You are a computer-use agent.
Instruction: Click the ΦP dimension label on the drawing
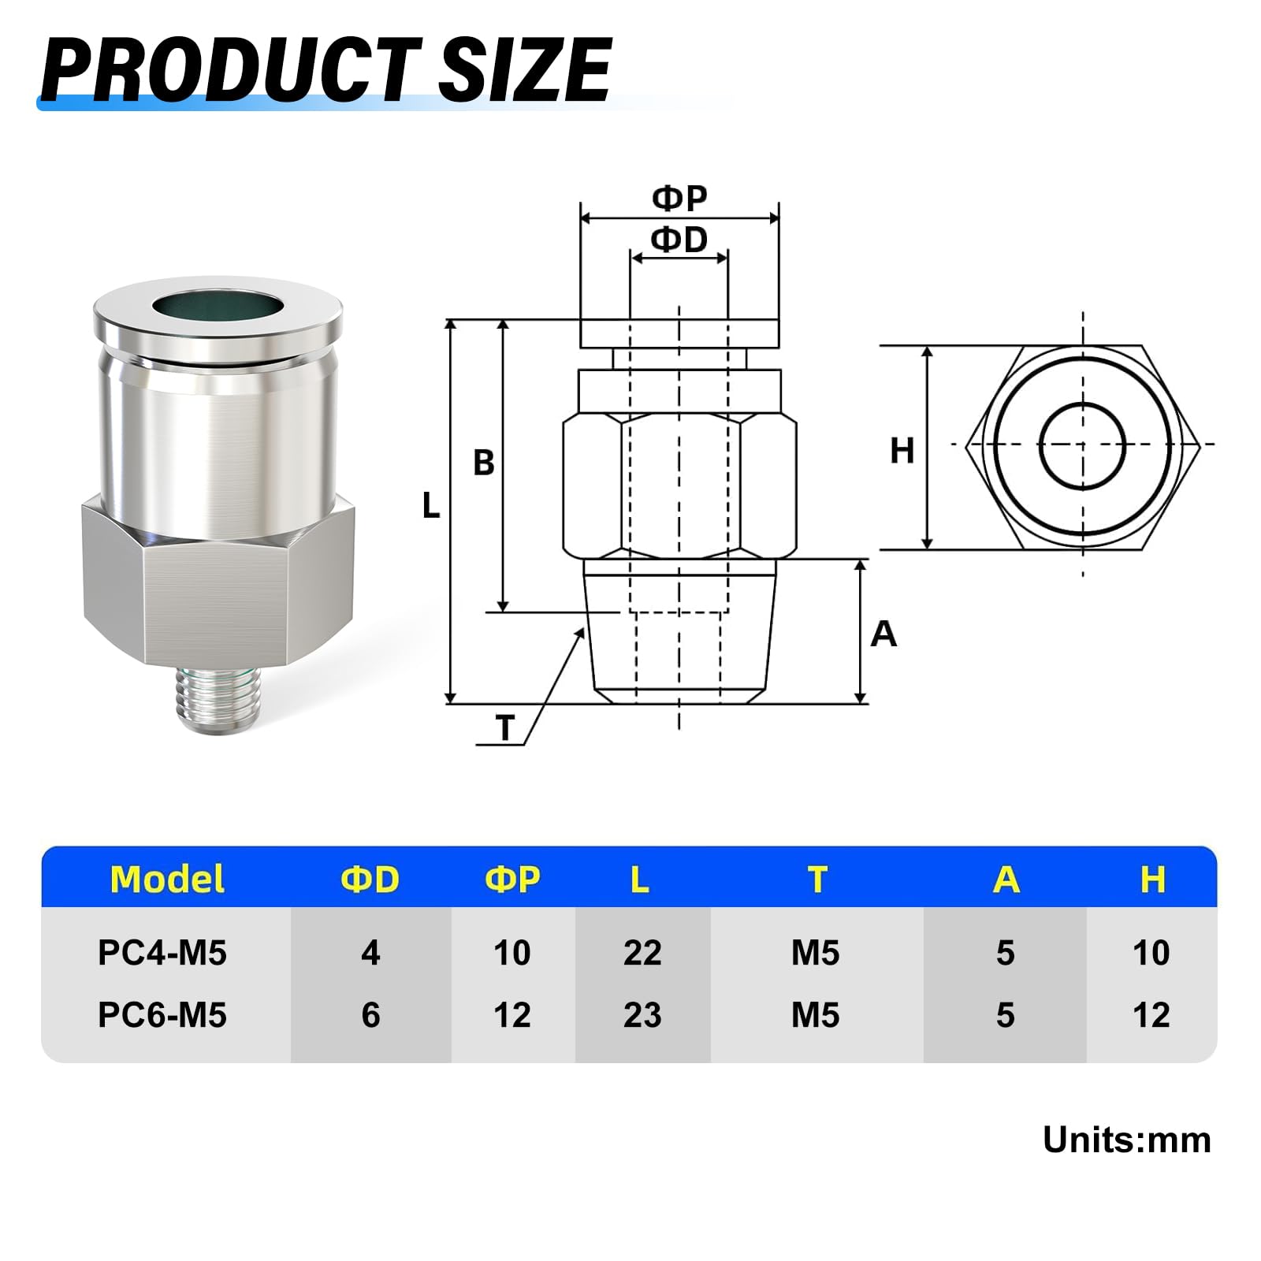pos(679,198)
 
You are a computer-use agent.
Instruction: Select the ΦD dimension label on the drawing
pos(679,240)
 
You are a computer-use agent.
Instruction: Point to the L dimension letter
pos(431,505)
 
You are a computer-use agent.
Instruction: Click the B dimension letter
pos(483,463)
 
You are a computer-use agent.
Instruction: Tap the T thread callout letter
pos(505,728)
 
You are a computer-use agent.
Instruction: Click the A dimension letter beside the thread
pos(883,634)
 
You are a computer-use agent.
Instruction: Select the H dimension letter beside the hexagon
pos(902,452)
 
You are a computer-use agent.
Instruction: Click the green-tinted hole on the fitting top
pos(217,306)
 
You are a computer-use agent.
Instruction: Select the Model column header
pos(167,880)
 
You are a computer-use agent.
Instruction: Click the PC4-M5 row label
pos(162,953)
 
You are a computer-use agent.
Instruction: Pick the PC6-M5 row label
pos(162,1015)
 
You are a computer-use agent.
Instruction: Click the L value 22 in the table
pos(642,953)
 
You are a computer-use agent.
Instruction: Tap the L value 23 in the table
pos(642,1015)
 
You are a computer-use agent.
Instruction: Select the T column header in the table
pos(817,880)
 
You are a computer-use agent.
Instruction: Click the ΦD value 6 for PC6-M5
pos(370,1015)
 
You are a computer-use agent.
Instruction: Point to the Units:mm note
pos(1126,1140)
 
